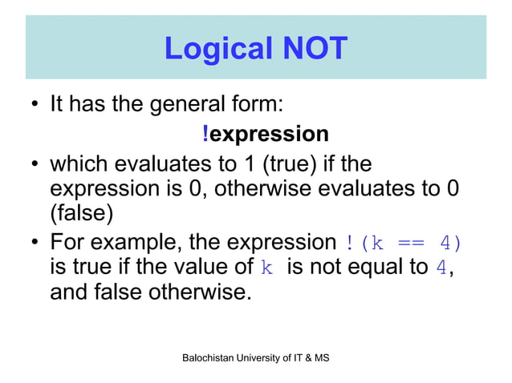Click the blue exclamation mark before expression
(x=205, y=134)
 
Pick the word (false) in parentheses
(x=82, y=215)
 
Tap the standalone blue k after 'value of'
(x=267, y=268)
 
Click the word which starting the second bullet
(x=79, y=164)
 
